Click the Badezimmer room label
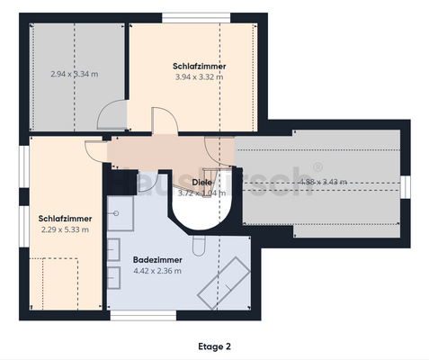[x=157, y=258]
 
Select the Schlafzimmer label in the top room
[x=199, y=67]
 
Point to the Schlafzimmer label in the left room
[x=64, y=218]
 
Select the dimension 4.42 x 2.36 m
[x=157, y=269]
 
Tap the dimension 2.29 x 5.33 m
[x=66, y=229]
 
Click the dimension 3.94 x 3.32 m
[x=199, y=77]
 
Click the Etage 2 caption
[x=214, y=346]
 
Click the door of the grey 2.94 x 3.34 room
[x=112, y=114]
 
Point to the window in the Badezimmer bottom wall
[x=159, y=315]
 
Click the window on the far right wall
[x=406, y=184]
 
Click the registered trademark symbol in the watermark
[x=317, y=166]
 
